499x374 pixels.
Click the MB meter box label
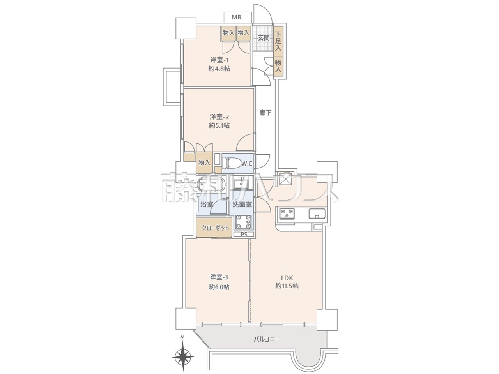click(x=236, y=17)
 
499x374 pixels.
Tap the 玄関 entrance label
click(x=264, y=38)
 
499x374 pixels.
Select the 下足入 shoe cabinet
click(x=278, y=41)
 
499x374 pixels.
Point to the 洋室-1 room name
click(x=219, y=60)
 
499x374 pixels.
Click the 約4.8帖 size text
click(x=219, y=69)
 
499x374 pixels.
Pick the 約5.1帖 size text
click(x=219, y=125)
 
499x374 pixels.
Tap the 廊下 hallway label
click(x=265, y=113)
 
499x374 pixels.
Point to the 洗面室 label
click(x=242, y=205)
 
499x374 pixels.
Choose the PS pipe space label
click(x=244, y=235)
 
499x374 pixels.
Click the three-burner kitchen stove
click(x=285, y=213)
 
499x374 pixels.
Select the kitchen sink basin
click(x=316, y=213)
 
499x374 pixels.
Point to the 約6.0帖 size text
click(x=219, y=287)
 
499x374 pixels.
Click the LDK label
click(x=287, y=277)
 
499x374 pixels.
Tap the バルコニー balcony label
click(x=266, y=346)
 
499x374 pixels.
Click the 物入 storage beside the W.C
click(x=204, y=162)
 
